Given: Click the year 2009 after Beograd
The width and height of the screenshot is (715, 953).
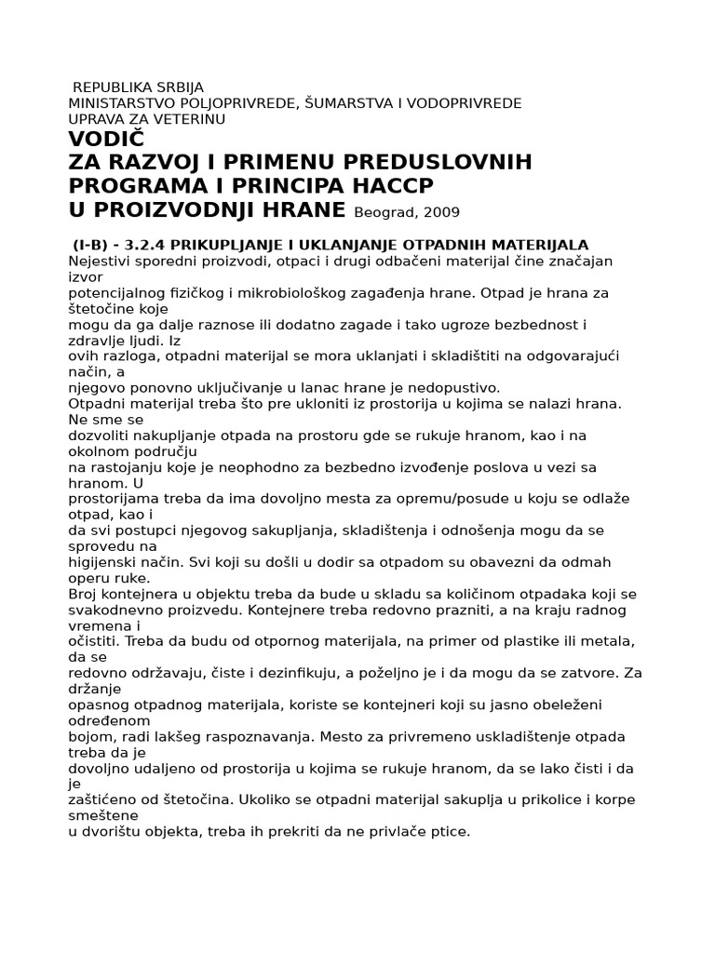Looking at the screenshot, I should click(440, 211).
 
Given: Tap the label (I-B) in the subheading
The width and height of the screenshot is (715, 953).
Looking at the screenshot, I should click(93, 245).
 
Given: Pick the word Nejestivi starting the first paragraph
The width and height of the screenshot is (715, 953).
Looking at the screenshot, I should click(100, 262).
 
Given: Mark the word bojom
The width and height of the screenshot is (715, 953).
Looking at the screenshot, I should click(89, 735).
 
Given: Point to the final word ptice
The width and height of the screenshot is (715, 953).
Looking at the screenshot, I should click(452, 831).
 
